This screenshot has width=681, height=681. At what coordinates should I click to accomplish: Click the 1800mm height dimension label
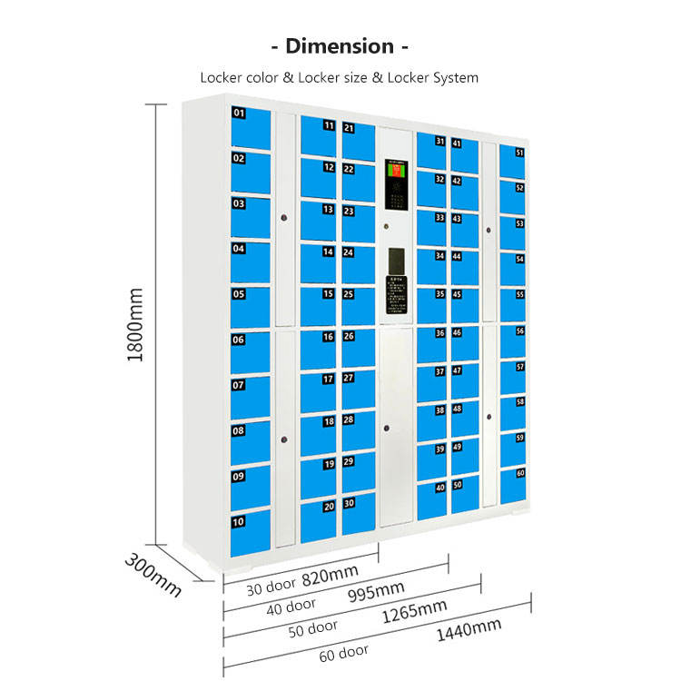135,326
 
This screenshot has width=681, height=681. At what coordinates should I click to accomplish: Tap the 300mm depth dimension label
153,574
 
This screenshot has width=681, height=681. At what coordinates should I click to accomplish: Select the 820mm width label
330,575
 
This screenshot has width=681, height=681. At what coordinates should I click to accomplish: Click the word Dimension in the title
340,46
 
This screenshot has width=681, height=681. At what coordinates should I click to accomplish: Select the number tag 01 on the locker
240,113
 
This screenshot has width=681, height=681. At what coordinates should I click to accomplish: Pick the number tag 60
520,473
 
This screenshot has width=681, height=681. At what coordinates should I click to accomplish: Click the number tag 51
520,153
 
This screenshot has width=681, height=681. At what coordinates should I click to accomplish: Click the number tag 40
439,488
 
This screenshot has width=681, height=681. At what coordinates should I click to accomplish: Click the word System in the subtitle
455,78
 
